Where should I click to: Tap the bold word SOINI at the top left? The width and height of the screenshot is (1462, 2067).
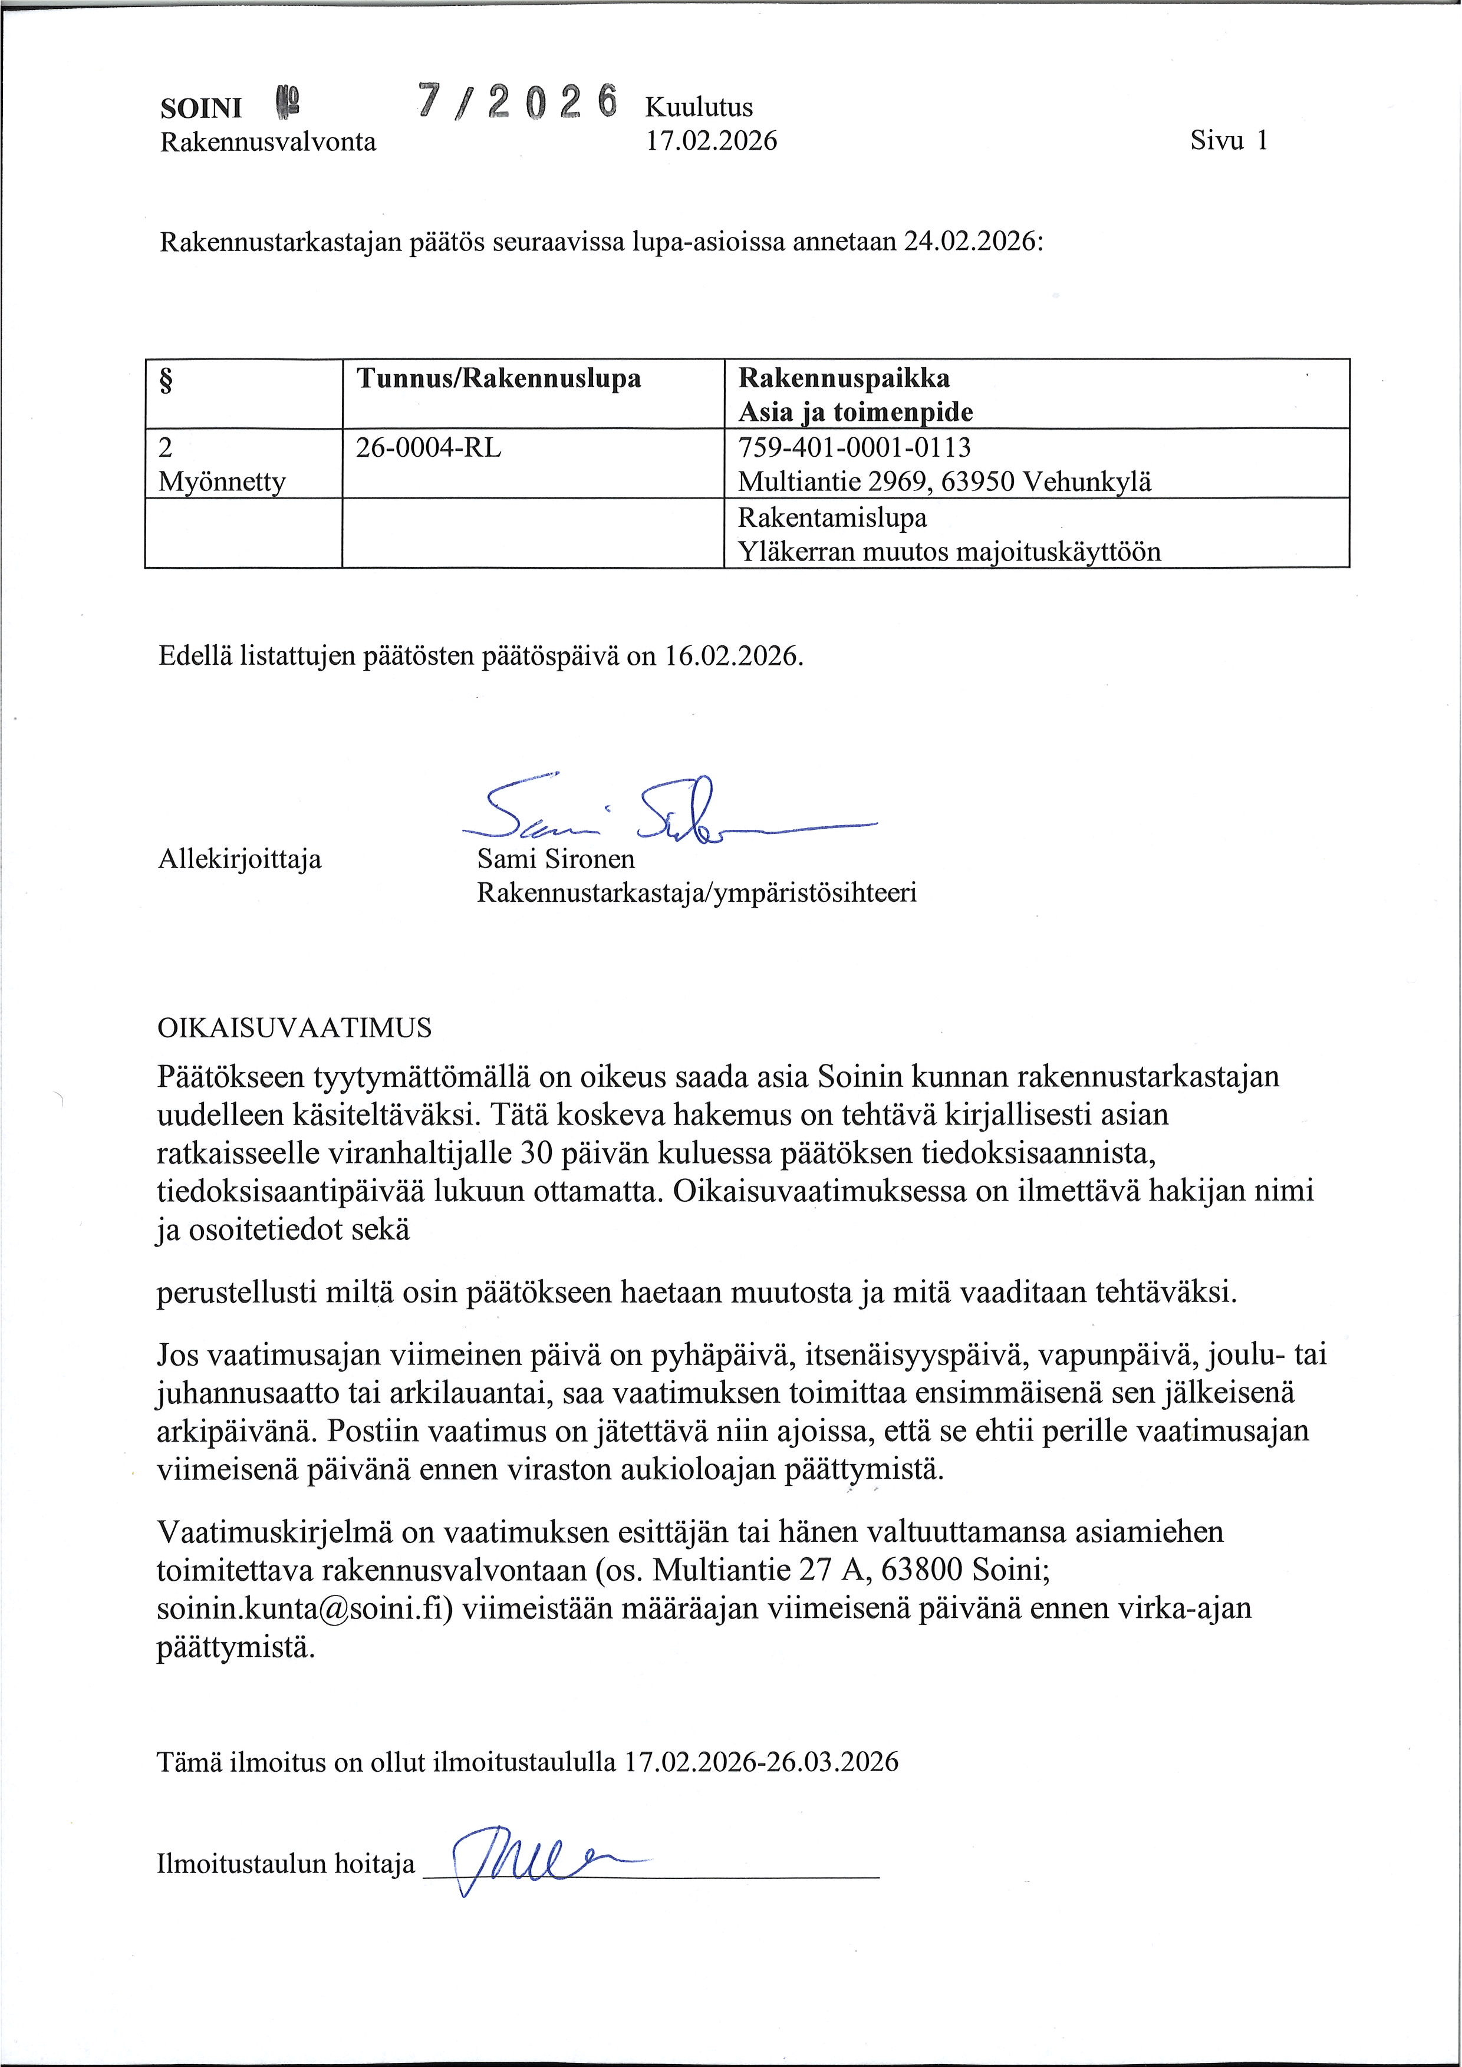(x=201, y=108)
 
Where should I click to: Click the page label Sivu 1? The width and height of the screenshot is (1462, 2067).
(x=1229, y=140)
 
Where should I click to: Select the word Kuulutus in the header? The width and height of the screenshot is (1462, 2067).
(x=699, y=107)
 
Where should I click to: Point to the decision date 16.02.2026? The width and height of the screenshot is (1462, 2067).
(x=733, y=655)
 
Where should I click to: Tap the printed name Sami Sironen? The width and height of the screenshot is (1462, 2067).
(x=555, y=859)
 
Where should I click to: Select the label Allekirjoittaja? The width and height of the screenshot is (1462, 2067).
(x=239, y=859)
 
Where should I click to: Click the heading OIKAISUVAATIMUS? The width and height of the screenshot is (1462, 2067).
(x=294, y=1028)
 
